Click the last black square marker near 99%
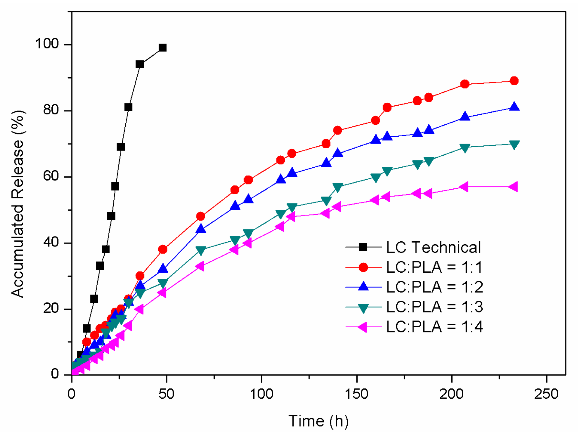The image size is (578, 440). [x=163, y=48]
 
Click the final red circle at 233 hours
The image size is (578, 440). [x=514, y=81]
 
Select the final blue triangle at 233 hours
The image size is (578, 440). [x=514, y=107]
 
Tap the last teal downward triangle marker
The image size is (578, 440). [x=514, y=144]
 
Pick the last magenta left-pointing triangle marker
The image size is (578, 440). [x=513, y=187]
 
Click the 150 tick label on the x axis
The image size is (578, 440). [x=356, y=394]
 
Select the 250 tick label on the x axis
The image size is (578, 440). [x=546, y=394]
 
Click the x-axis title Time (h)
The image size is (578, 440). [x=318, y=421]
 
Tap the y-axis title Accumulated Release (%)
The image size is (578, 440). [x=18, y=204]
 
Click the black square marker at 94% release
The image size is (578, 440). [x=140, y=64]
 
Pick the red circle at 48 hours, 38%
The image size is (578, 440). [x=163, y=249]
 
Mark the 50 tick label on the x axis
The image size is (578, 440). [x=166, y=394]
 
